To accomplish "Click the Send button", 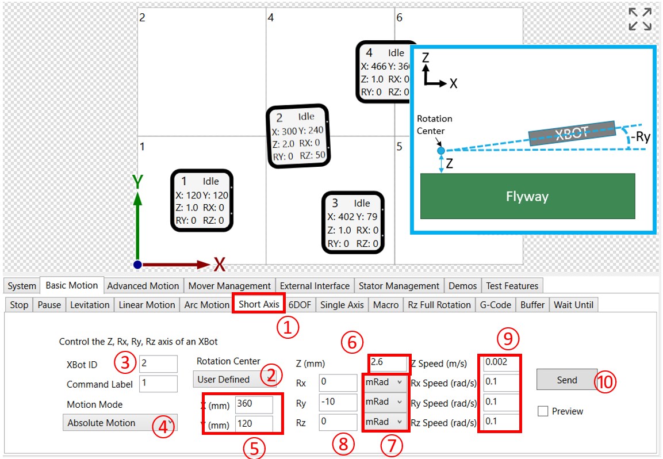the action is pos(566,380).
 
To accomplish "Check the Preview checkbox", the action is pos(543,411).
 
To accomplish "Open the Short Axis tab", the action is pos(259,304).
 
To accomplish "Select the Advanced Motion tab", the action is pos(143,286).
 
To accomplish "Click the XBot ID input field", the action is pos(158,364).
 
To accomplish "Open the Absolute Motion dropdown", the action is pos(120,423).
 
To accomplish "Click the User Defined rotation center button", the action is pos(235,379).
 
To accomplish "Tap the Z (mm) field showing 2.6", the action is pos(388,362).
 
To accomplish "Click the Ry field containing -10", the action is pos(338,402).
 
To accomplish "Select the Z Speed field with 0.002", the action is pos(501,362).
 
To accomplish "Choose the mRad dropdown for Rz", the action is pos(384,422).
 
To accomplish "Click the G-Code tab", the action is pos(495,305).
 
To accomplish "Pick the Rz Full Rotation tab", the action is pos(439,305).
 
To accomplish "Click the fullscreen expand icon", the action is pos(640,19).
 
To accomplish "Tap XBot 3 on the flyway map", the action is pos(352,223).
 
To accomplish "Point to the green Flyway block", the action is pos(527,196).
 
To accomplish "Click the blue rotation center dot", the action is pos(440,151).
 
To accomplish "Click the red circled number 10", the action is pos(605,382).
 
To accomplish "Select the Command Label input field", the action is pos(158,383).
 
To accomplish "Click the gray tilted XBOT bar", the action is pos(572,133).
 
